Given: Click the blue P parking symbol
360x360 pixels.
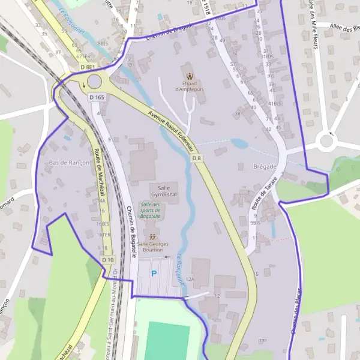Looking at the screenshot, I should [154, 274].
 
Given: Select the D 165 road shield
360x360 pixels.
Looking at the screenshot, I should [97, 97].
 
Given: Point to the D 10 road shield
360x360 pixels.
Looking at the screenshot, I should [107, 260].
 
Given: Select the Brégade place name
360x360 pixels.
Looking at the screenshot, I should [265, 166].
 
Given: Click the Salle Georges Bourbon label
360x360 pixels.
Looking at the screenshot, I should [152, 248].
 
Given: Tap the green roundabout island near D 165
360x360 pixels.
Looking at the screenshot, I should [95, 82].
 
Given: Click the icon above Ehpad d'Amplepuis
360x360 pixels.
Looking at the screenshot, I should [190, 76].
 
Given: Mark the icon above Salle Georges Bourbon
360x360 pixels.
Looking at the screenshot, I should [152, 236].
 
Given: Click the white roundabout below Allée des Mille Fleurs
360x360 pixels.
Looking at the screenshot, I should [326, 142].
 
